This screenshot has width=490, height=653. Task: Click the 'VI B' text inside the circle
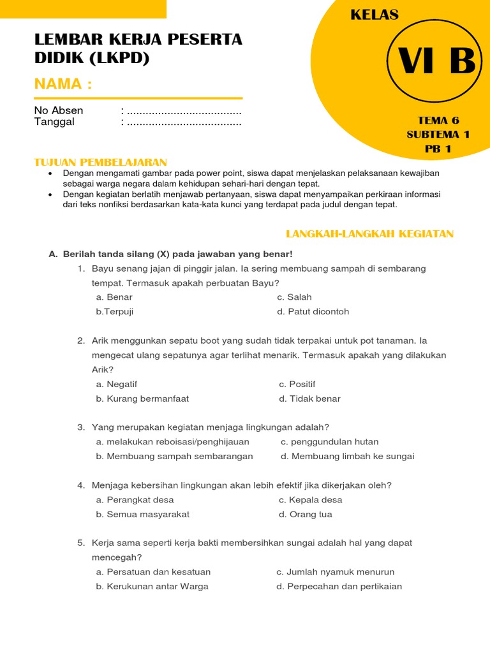pos(437,62)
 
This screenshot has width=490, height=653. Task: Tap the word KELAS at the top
pos(375,15)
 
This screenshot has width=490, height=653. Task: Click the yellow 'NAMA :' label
pos(63,84)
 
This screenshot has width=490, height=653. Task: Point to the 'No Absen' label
pos(59,110)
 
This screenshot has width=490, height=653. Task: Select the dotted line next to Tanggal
pos(184,122)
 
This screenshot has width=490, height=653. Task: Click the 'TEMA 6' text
pos(438,120)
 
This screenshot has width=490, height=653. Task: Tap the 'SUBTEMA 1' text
pos(438,134)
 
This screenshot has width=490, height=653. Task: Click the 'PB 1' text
pos(438,149)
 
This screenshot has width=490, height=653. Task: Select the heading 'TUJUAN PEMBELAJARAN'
pos(100,163)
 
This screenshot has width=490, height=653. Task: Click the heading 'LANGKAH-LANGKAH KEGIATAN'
pos(369,234)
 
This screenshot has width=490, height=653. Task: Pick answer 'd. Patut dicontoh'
pos(313,312)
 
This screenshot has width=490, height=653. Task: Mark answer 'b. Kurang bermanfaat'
pos(142,399)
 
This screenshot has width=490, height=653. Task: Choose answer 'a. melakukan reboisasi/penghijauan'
pos(172,441)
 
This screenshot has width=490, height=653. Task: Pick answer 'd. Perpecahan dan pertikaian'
pos(339,586)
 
